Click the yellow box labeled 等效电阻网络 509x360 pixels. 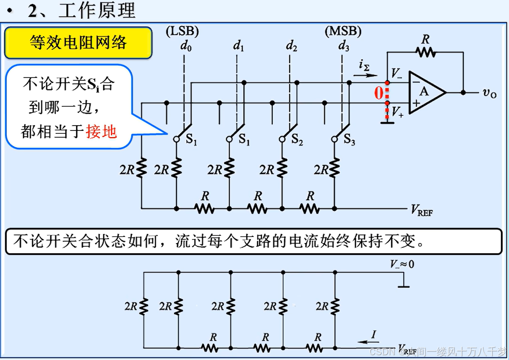click(78, 43)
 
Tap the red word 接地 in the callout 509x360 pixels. click(102, 131)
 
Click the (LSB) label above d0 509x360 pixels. click(182, 32)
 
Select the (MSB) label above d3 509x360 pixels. click(343, 32)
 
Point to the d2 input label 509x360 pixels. click(291, 46)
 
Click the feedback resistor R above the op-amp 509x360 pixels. click(425, 51)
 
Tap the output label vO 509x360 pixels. click(489, 92)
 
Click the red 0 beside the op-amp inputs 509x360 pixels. click(379, 92)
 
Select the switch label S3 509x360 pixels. click(349, 141)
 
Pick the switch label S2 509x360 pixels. click(297, 141)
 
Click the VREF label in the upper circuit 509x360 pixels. click(421, 210)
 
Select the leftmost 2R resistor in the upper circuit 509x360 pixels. click(141, 169)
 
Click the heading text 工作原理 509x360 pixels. click(96, 10)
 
